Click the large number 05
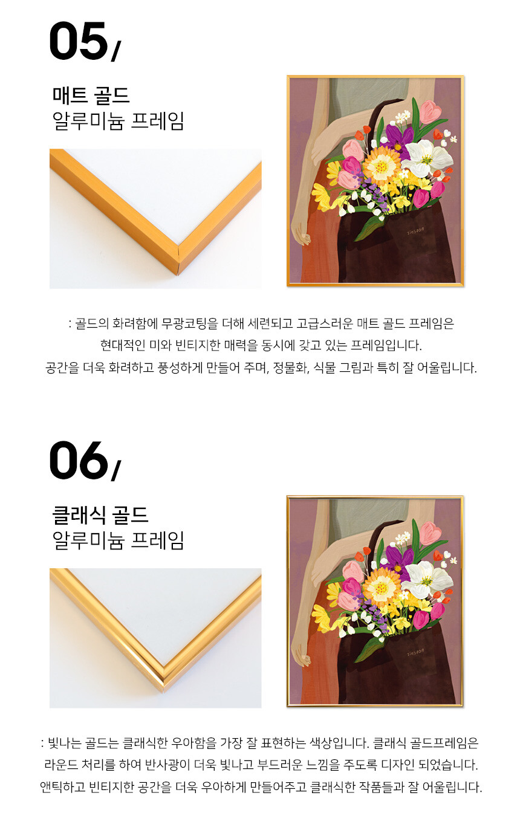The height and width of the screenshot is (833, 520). coord(78,41)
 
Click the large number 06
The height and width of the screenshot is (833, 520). coord(78,461)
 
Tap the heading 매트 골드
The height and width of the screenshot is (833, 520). coord(91,96)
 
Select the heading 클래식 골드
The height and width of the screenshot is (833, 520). coord(100,515)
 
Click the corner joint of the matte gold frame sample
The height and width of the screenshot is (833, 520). coord(178,261)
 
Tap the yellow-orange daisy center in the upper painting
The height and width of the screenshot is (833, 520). coord(380,166)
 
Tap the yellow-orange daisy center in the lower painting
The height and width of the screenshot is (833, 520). coord(380,586)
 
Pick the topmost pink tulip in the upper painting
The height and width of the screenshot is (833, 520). coord(431,111)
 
